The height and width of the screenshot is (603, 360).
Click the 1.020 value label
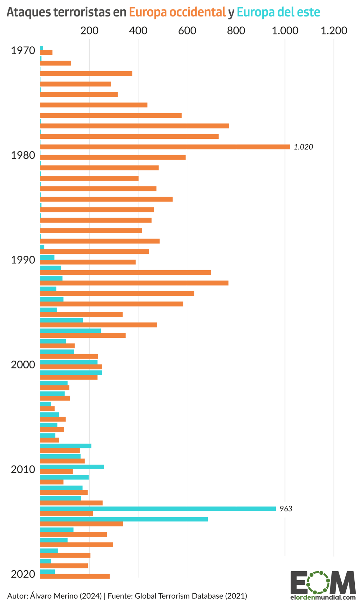(x=303, y=147)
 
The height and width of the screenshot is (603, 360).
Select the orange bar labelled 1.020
(x=165, y=147)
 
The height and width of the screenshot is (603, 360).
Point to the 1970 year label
(x=23, y=51)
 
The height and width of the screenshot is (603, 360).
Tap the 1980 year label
(x=23, y=155)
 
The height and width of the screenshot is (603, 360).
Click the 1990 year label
(x=23, y=260)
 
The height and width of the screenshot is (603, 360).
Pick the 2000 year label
(x=23, y=365)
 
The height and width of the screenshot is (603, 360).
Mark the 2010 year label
(x=23, y=470)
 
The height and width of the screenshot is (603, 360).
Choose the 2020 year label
(x=23, y=574)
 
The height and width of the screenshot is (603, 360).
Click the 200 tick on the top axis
(x=89, y=31)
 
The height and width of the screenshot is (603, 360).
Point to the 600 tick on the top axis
(x=187, y=31)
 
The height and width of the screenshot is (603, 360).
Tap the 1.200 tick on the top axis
(x=334, y=31)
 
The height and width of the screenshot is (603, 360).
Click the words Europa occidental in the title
(x=177, y=12)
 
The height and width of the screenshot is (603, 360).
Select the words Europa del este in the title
(x=278, y=12)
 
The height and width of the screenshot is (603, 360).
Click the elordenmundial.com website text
(x=323, y=598)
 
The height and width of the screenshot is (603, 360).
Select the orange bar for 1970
(x=46, y=52)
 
